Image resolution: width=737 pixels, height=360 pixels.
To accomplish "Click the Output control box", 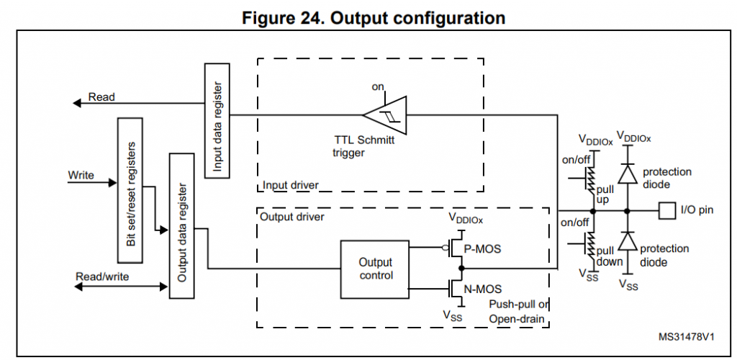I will click(x=375, y=269).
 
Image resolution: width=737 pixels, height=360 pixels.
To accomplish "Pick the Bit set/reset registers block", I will click(x=130, y=190).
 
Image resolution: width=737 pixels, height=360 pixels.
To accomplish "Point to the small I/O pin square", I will click(x=666, y=211).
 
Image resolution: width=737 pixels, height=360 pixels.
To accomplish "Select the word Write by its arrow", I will click(x=81, y=175).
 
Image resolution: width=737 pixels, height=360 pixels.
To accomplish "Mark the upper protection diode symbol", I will click(x=628, y=174).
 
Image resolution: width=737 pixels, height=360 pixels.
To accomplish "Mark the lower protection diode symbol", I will click(x=628, y=242).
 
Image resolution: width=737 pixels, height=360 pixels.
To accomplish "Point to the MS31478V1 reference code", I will click(x=687, y=336).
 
